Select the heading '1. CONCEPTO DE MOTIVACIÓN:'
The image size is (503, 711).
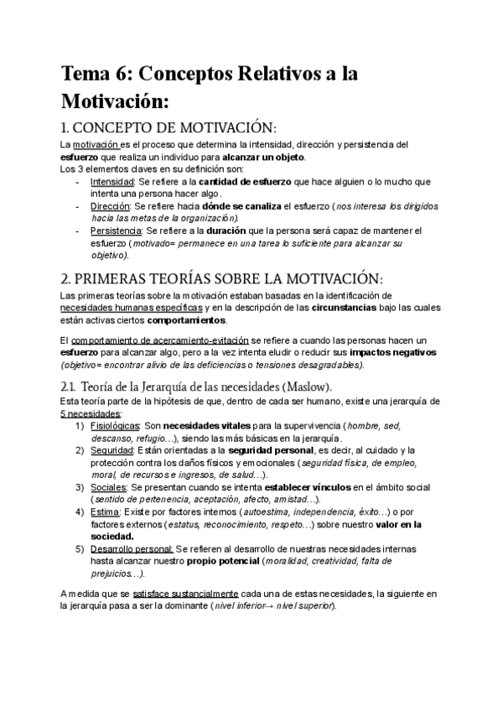(x=169, y=127)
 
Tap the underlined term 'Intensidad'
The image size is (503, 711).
(x=111, y=181)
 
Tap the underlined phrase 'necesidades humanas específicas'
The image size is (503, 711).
(x=132, y=308)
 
